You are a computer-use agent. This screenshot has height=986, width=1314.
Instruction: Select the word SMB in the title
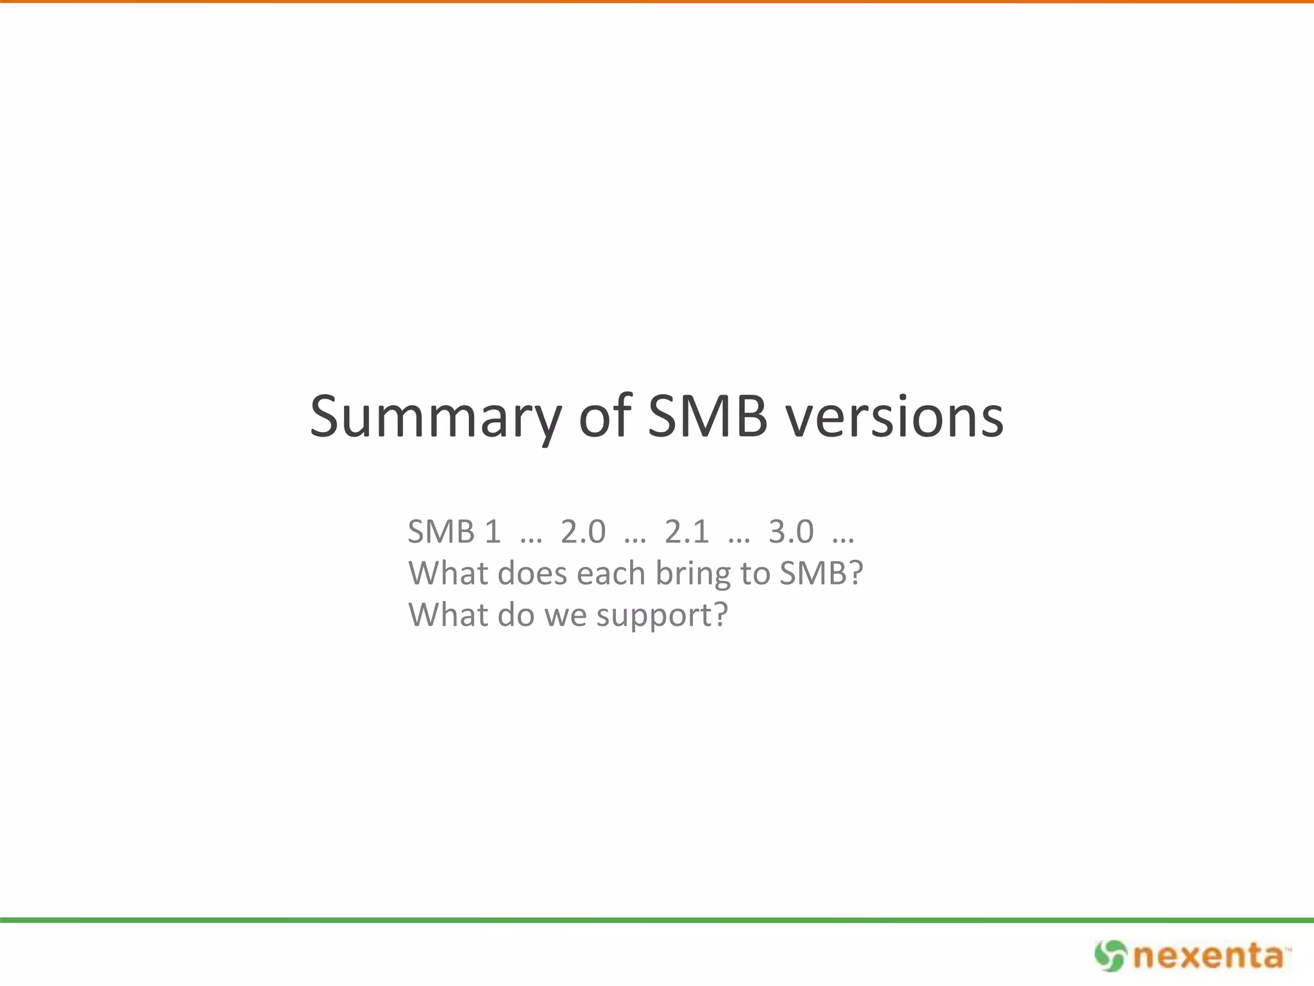pyautogui.click(x=707, y=417)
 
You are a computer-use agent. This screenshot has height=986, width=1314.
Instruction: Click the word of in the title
pyautogui.click(x=604, y=417)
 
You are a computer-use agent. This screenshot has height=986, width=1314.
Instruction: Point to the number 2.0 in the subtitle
pyautogui.click(x=583, y=532)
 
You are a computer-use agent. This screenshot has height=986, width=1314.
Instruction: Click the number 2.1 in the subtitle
pyautogui.click(x=687, y=532)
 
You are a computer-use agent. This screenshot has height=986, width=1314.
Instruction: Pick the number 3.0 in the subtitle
pyautogui.click(x=791, y=532)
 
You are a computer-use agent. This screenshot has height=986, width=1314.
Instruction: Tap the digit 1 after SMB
pyautogui.click(x=492, y=532)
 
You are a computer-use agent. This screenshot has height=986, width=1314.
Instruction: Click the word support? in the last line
pyautogui.click(x=662, y=616)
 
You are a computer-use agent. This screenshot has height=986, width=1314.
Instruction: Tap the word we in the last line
pyautogui.click(x=565, y=616)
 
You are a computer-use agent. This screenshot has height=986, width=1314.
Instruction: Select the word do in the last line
pyautogui.click(x=516, y=615)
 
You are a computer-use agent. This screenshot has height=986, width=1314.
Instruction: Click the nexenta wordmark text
pyautogui.click(x=1209, y=956)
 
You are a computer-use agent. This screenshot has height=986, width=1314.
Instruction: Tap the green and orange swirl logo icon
pyautogui.click(x=1110, y=956)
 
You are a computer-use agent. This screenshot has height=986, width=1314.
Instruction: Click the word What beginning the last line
pyautogui.click(x=448, y=615)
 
